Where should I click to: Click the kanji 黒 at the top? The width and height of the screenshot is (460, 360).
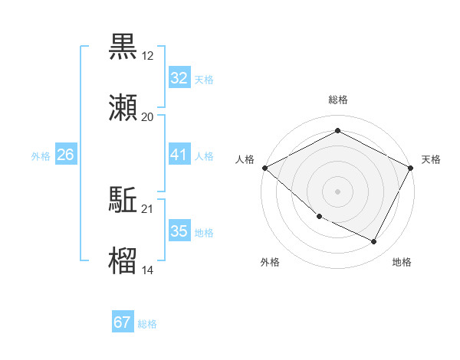point(123,46)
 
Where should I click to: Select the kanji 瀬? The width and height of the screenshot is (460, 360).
point(123,107)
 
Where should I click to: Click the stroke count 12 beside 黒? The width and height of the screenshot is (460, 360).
point(147,56)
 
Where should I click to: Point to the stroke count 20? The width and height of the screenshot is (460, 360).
point(147,117)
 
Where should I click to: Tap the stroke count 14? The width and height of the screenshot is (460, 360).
point(147,270)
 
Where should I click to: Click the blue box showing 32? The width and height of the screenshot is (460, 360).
point(179,78)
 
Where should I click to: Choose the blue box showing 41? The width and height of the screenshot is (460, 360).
point(179,155)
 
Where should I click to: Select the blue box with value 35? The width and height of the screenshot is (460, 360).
point(179,231)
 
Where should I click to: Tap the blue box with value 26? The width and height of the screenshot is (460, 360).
point(65,155)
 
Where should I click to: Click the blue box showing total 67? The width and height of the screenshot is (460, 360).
point(123,322)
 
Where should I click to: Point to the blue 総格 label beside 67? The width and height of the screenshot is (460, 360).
point(147,324)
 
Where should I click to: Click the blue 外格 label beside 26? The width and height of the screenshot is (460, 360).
point(41,156)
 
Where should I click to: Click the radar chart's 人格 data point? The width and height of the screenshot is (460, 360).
point(264,168)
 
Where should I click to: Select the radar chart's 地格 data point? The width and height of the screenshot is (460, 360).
point(373,242)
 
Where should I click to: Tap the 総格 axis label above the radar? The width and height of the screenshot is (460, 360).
point(338,100)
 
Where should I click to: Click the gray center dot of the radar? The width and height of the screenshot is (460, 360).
point(338,191)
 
